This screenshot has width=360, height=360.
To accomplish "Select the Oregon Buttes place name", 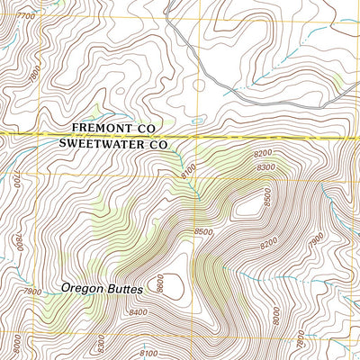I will (98, 289).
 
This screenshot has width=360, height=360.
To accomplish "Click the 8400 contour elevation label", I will (139, 312).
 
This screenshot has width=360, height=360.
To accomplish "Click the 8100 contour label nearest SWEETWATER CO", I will (188, 168).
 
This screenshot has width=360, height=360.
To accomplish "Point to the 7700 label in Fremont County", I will (26, 16).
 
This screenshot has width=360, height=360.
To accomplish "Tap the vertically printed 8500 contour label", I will (266, 196).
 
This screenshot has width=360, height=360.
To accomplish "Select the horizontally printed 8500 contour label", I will (203, 232).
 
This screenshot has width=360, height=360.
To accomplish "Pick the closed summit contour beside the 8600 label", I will (177, 286).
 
